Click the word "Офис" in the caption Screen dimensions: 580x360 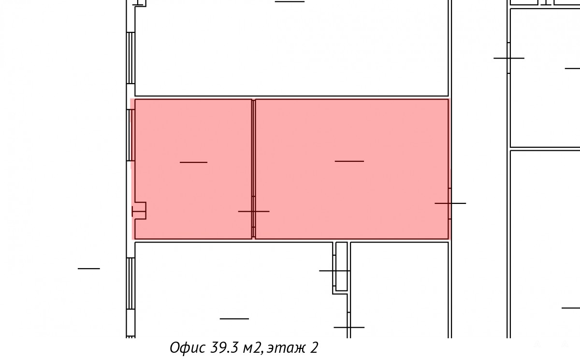pos(188,347)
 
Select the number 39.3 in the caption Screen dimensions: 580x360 pos(224,347)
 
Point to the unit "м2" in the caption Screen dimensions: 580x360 pos(251,348)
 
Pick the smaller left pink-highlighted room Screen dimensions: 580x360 pos(193,169)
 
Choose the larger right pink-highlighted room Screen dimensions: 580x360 pos(352,169)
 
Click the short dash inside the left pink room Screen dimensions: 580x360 pos(193,162)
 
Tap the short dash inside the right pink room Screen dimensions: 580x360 pos(349,161)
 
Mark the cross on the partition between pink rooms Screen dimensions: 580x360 pos(254,212)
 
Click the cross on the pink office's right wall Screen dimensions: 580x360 pos(450,203)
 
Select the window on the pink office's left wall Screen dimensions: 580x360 pos(130,135)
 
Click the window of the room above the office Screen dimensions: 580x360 pos(130,58)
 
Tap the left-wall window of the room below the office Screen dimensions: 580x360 pos(130,283)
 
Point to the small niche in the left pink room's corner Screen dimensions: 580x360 pos(139,211)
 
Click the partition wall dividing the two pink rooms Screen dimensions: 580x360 pos(254,169)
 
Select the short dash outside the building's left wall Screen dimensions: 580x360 pos(89,269)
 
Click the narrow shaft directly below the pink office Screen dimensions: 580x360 pos(342,267)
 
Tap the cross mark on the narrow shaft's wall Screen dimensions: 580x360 pos(334,271)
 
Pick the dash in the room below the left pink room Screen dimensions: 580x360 pos(234,319)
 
